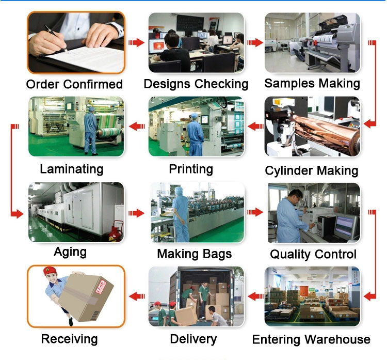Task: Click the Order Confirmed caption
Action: [x=74, y=84]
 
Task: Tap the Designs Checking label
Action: [x=196, y=84]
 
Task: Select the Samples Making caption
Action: [x=312, y=83]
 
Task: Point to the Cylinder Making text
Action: [x=311, y=170]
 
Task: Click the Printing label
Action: [x=191, y=169]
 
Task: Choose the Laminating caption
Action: [x=71, y=169]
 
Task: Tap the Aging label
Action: [x=70, y=253]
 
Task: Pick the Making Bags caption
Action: [x=194, y=254]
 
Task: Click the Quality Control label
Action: [x=313, y=254]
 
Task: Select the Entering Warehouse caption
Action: [x=311, y=339]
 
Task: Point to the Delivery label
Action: [x=193, y=339]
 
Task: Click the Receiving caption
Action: [x=69, y=339]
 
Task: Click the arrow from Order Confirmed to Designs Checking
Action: [x=136, y=42]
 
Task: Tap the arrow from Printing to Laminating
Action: [x=136, y=125]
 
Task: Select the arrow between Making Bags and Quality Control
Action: [x=254, y=212]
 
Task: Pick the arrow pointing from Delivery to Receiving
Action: [x=136, y=296]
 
